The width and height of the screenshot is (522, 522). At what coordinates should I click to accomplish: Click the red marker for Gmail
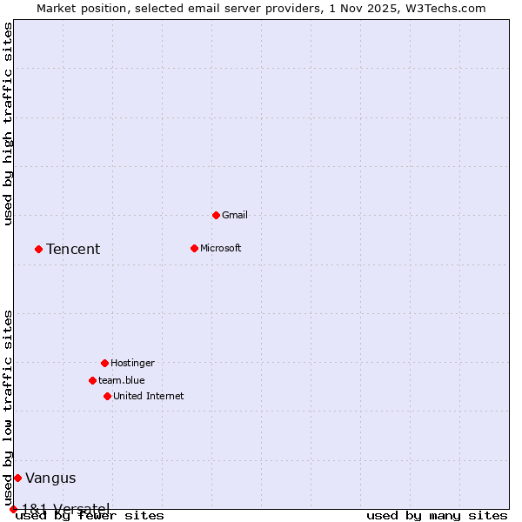click(x=216, y=215)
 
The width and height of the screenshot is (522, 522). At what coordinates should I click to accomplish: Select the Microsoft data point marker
click(x=194, y=248)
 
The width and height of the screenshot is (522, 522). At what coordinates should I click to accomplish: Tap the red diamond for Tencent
click(x=38, y=249)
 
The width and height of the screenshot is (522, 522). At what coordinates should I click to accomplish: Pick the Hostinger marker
click(x=104, y=363)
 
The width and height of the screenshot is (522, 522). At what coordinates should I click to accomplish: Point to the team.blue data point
click(x=92, y=380)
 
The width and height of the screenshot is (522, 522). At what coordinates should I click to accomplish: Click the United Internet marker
click(x=107, y=396)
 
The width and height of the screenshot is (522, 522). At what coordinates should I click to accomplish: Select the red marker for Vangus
click(x=17, y=478)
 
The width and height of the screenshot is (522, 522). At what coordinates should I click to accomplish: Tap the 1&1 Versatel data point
click(x=13, y=509)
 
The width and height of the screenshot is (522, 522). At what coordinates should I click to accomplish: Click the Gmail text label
click(x=235, y=215)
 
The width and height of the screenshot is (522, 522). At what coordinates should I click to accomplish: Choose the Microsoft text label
click(x=221, y=248)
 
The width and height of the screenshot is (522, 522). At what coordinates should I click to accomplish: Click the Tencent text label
click(x=73, y=250)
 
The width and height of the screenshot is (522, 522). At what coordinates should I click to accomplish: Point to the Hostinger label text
click(x=132, y=363)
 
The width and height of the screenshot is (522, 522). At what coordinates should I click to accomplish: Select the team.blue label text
click(x=122, y=380)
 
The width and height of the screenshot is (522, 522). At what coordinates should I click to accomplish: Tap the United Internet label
click(x=149, y=396)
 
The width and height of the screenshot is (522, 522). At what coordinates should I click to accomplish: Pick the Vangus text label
click(x=50, y=478)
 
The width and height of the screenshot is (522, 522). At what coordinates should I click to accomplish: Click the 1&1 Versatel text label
click(x=66, y=508)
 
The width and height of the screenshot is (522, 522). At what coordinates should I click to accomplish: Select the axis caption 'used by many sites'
click(x=437, y=515)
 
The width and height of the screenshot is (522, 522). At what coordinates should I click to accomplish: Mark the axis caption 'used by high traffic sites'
click(x=8, y=124)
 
